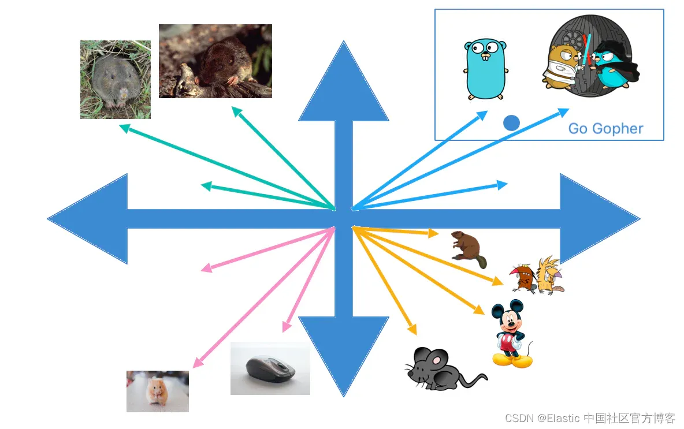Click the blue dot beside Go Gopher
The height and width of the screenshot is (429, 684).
pyautogui.click(x=511, y=122)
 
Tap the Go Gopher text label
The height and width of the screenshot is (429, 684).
pyautogui.click(x=605, y=128)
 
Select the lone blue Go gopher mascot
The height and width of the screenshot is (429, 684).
pyautogui.click(x=485, y=69)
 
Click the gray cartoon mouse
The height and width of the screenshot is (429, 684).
pyautogui.click(x=442, y=368)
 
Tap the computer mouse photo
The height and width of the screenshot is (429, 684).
pyautogui.click(x=270, y=368)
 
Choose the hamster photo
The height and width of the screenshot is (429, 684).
pyautogui.click(x=157, y=391)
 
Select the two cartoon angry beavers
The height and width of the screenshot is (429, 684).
pyautogui.click(x=537, y=275)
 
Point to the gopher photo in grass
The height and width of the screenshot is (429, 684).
pyautogui.click(x=115, y=79)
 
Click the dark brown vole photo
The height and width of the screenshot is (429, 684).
pyautogui.click(x=215, y=61)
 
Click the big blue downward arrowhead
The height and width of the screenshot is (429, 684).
pyautogui.click(x=344, y=352)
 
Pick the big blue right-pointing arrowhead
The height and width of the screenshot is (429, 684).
pyautogui.click(x=598, y=219)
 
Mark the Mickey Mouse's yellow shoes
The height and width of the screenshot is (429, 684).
pyautogui.click(x=512, y=361)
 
